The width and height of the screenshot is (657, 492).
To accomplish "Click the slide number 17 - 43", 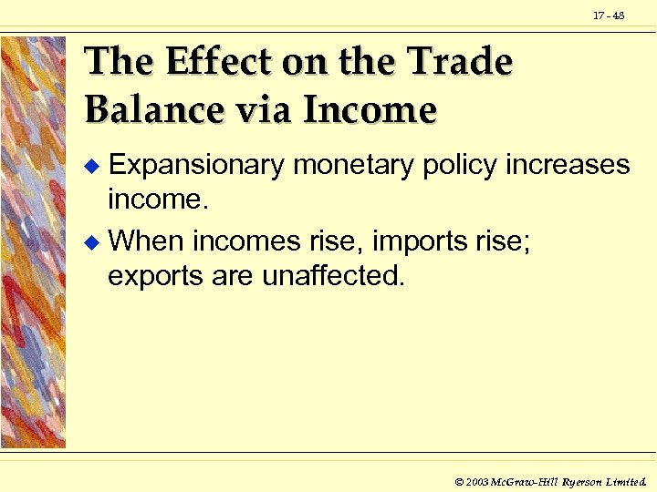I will pos(609,15).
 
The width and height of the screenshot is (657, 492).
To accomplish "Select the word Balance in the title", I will pos(145,110).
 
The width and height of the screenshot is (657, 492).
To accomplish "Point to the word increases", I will pos(568,166).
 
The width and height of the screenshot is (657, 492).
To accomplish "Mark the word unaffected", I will pos(333,274).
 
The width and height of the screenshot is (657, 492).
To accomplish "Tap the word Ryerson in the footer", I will pos(583,480).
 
